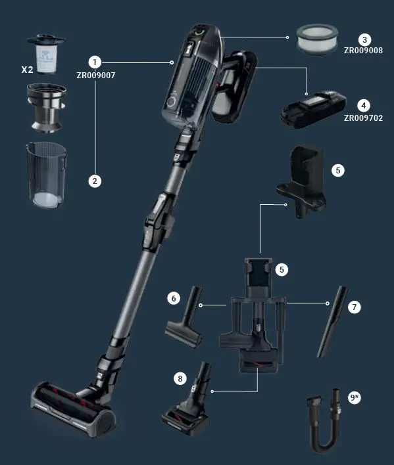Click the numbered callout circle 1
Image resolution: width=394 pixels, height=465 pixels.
pos(95,62)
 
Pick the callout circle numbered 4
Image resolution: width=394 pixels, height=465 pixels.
pos(363,105)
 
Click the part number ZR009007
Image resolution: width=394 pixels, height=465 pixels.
pos(96,76)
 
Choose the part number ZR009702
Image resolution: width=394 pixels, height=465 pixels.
pos(363,118)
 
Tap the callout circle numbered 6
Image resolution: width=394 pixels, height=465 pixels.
pos(174,299)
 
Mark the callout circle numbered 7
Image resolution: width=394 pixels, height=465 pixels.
pos(353,307)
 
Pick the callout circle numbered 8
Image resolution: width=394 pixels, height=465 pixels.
pos(180,378)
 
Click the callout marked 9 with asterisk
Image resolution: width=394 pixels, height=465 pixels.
pos(355,398)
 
